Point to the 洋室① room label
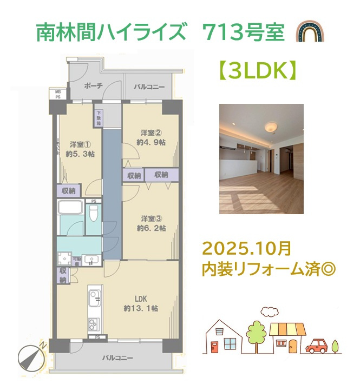click(x=79, y=144)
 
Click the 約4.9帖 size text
click(x=151, y=142)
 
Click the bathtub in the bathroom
click(x=70, y=209)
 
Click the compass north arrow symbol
click(x=30, y=356)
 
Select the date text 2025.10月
click(x=247, y=249)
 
